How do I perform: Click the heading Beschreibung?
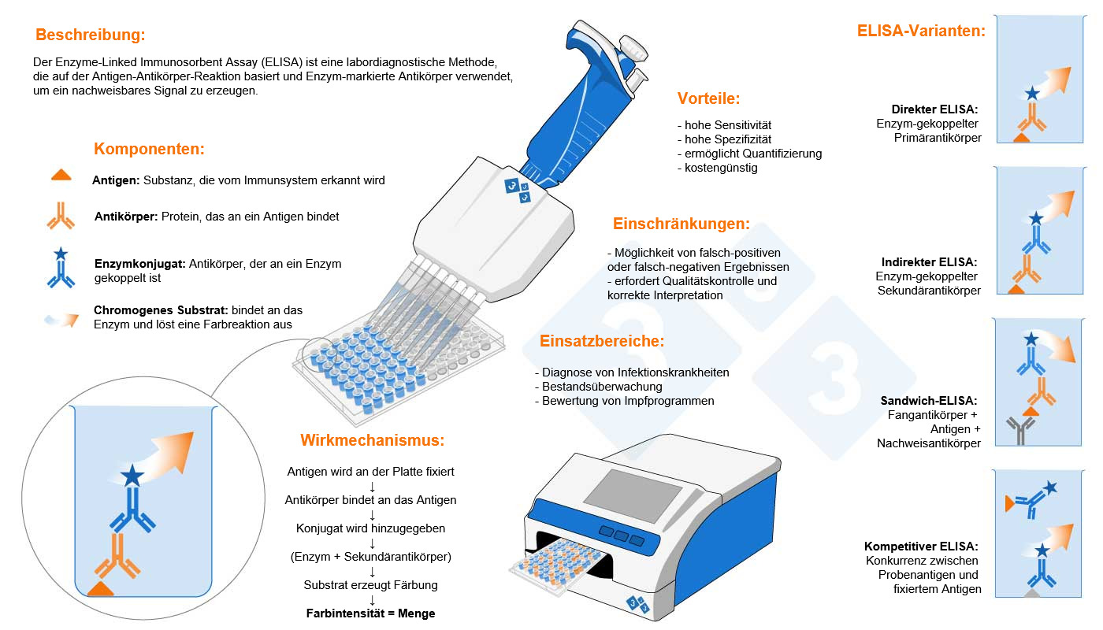pyautogui.click(x=91, y=35)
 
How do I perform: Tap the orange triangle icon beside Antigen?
pyautogui.click(x=61, y=175)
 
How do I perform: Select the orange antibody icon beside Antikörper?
pyautogui.click(x=61, y=216)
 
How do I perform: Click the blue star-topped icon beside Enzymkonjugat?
pyautogui.click(x=61, y=267)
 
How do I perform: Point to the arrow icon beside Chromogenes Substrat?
pyautogui.click(x=61, y=320)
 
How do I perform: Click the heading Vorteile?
pyautogui.click(x=708, y=98)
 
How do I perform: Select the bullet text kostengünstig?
pyautogui.click(x=721, y=168)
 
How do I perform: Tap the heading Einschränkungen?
pyautogui.click(x=681, y=224)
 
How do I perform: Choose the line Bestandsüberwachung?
pyautogui.click(x=602, y=387)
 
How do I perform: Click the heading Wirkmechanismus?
pyautogui.click(x=372, y=440)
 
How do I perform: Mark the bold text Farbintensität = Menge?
pyautogui.click(x=371, y=613)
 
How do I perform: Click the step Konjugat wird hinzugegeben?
pyautogui.click(x=371, y=528)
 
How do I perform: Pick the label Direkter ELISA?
pyautogui.click(x=934, y=109)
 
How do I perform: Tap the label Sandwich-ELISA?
pyautogui.click(x=929, y=401)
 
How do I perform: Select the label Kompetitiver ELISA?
pyautogui.click(x=921, y=547)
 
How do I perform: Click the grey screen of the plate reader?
pyautogui.click(x=633, y=495)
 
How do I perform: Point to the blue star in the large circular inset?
pyautogui.click(x=132, y=475)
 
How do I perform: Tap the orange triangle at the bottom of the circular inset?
pyautogui.click(x=101, y=589)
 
